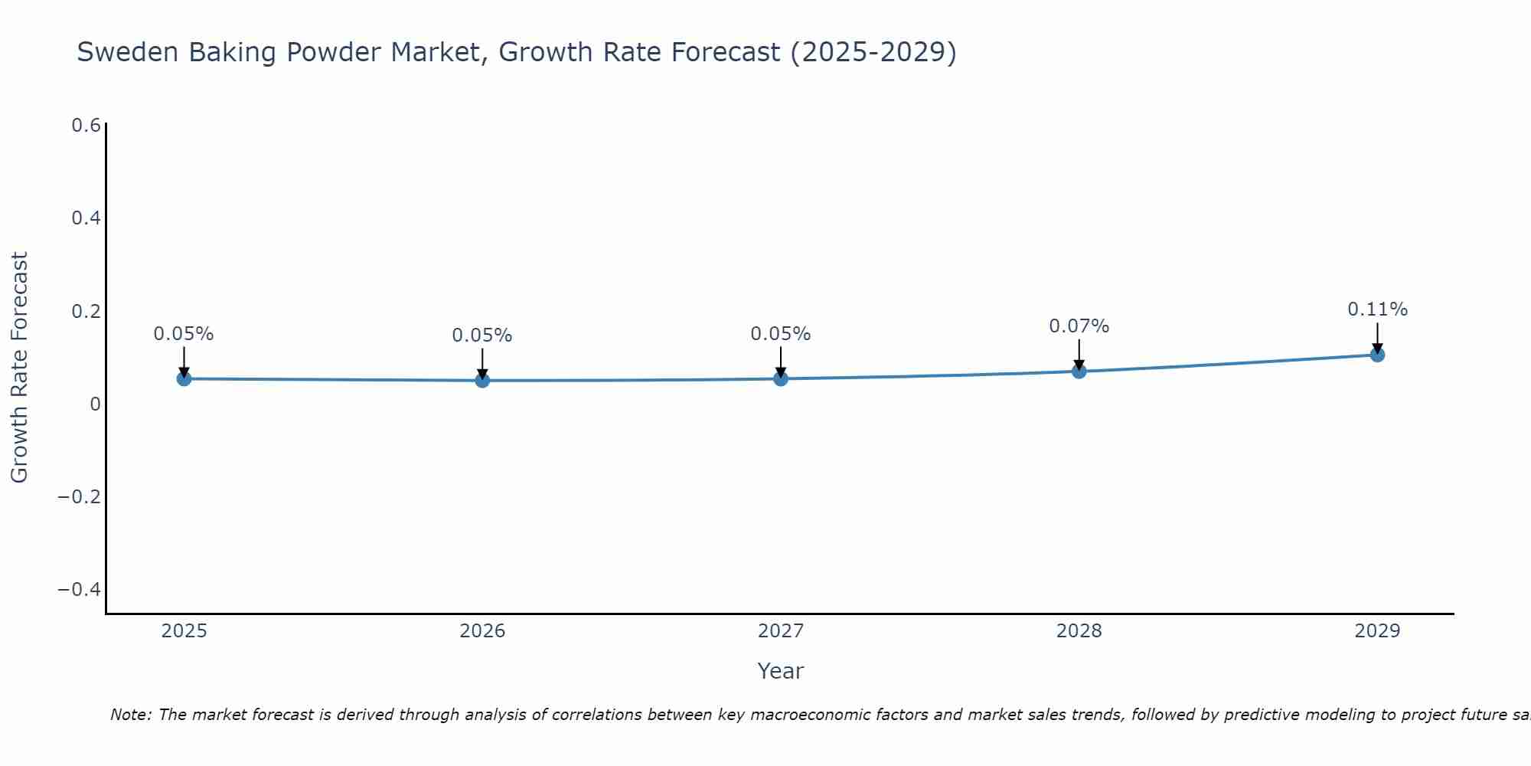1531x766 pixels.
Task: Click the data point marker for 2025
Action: point(184,378)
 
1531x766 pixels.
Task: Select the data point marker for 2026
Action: point(482,380)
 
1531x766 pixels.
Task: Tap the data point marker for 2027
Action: point(781,378)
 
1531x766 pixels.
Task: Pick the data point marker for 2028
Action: point(1079,372)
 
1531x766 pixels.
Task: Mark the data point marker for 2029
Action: point(1377,355)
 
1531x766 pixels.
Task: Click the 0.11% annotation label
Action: point(1377,309)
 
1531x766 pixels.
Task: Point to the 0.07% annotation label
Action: point(1079,326)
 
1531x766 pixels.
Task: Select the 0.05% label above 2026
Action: point(481,336)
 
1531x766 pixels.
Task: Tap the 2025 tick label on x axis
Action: point(184,631)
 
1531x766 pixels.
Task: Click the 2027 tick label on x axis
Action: point(781,631)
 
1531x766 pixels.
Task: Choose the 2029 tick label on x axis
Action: point(1377,631)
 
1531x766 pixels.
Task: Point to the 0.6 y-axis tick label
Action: point(86,126)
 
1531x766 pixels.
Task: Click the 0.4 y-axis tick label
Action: point(86,218)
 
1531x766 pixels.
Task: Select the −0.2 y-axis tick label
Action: point(79,497)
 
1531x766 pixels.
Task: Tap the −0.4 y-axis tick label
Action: point(79,590)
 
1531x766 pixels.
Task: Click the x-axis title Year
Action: point(780,672)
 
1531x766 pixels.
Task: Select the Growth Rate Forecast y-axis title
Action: point(19,368)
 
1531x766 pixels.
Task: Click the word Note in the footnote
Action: point(130,715)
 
